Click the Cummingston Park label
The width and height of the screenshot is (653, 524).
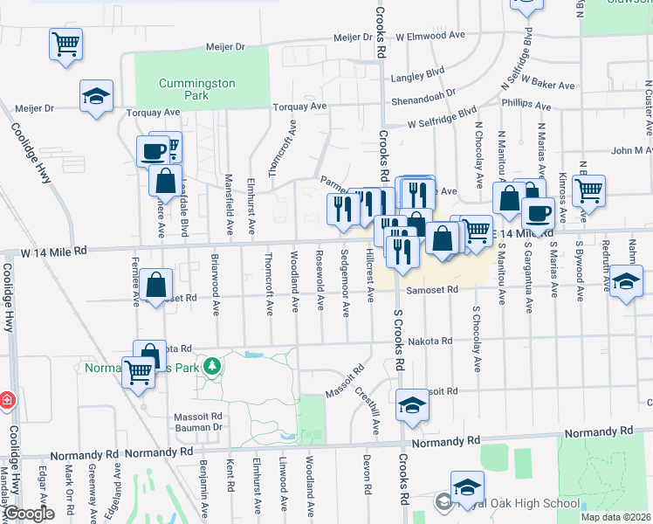196,89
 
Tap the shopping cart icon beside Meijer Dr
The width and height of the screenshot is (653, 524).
66,44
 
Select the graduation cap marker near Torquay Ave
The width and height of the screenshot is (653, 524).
96,96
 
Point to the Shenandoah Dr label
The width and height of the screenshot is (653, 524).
424,93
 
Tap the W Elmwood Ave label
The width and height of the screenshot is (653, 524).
429,38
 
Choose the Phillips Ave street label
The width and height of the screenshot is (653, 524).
526,106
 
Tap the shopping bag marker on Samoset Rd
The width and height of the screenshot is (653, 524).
155,285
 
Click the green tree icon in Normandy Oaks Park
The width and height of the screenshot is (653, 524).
210,365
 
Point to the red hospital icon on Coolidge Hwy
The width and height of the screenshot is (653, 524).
7,400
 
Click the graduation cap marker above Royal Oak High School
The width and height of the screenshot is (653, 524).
467,487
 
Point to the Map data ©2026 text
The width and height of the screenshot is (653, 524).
615,517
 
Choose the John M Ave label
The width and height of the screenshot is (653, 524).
632,150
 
